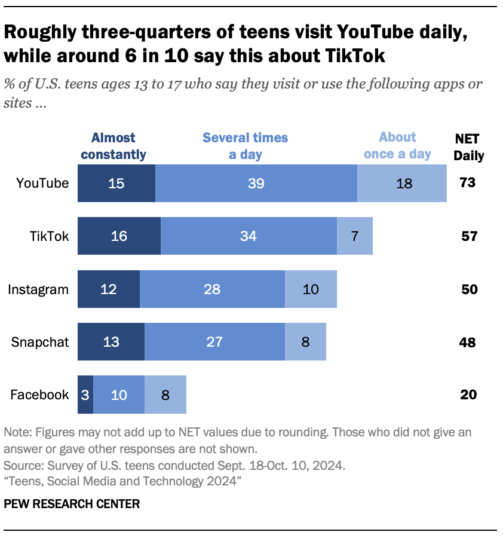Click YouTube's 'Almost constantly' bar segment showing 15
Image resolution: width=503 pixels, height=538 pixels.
point(116,183)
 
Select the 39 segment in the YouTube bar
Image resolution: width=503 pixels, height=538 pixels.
point(256,183)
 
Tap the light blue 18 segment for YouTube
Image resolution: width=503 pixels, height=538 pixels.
point(402,183)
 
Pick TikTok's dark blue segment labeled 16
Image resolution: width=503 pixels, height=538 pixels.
point(119,236)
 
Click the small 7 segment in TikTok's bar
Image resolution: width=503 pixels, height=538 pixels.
point(355,236)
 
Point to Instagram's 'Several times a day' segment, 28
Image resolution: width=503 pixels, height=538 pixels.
point(212,289)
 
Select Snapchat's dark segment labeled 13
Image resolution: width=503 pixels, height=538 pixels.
point(111,342)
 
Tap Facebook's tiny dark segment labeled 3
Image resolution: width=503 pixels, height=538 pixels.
point(85,395)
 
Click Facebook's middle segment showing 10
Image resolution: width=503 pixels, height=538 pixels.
point(119,395)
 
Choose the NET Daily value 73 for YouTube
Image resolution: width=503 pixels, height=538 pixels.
point(468,183)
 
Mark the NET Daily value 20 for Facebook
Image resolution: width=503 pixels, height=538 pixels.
point(468,395)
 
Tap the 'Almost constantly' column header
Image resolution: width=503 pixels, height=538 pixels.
point(114,146)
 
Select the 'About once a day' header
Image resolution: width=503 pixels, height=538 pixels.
point(397,145)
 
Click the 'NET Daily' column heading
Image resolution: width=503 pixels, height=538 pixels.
point(469,147)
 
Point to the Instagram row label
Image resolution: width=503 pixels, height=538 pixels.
point(38,290)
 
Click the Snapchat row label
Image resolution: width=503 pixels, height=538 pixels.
point(40,343)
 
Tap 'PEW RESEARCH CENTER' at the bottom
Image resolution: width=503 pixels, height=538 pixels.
point(72,504)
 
